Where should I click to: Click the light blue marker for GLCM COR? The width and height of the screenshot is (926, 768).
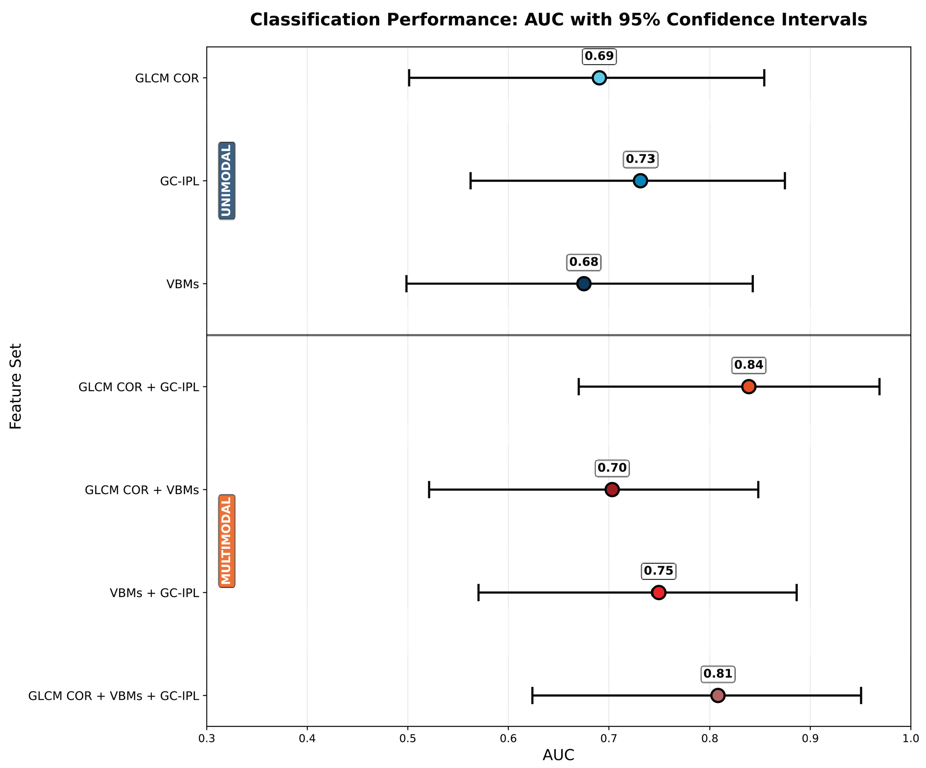pos(599,78)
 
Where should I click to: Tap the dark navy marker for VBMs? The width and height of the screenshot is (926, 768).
pos(584,283)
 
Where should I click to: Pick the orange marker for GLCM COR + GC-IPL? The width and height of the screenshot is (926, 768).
pos(748,387)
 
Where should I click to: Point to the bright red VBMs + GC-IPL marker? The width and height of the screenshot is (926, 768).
pos(659,592)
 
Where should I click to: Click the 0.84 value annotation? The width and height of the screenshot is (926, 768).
pos(749,365)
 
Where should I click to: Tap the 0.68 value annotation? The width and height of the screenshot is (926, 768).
pos(584,262)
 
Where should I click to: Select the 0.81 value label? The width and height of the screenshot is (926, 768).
pos(718,674)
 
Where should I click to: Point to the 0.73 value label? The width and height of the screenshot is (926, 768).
pos(641,159)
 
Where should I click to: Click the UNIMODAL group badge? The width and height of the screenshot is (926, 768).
pos(227,181)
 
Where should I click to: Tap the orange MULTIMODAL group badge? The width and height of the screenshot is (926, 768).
pos(227,541)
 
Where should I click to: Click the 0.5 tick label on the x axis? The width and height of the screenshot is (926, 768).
pos(408,738)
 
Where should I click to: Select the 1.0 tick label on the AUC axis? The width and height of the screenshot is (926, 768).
pos(911,738)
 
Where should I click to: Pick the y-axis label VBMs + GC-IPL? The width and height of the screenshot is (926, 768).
pos(155,593)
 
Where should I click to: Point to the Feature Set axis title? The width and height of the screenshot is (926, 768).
pos(16,387)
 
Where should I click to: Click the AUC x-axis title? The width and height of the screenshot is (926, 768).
pos(558,755)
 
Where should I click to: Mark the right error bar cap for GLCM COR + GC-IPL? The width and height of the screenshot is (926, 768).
pos(879,387)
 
